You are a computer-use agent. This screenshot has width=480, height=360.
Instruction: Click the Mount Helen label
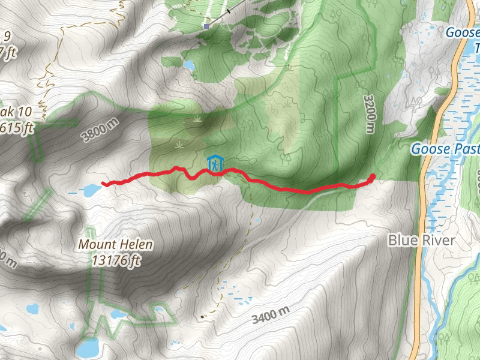coord(115,245)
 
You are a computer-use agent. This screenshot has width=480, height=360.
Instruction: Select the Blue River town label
coord(421,241)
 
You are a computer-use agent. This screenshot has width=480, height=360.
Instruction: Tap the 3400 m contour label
coord(271,314)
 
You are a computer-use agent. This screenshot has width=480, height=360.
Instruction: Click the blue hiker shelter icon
coord(214,163)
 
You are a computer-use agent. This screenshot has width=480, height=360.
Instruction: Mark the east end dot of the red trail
coord(372,176)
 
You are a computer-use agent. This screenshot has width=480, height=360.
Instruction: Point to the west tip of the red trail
coord(104,184)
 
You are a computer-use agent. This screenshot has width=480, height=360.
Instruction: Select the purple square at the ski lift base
coord(206,26)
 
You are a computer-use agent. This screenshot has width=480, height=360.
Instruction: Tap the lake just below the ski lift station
coord(188,65)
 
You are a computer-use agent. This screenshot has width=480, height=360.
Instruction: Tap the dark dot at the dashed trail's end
coord(202,316)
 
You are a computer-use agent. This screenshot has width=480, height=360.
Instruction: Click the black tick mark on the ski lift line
coord(229,11)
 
